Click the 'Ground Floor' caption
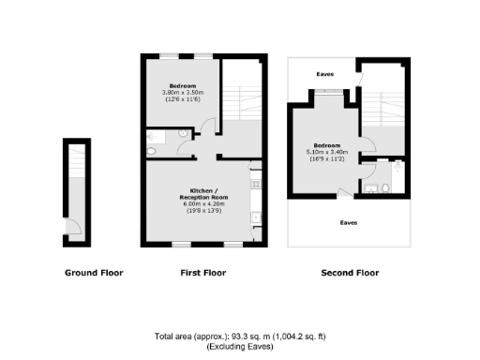click(94, 274)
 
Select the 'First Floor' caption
click(202, 274)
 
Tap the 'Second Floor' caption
click(350, 274)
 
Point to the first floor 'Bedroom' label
click(182, 86)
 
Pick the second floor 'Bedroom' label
click(326, 145)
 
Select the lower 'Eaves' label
click(348, 222)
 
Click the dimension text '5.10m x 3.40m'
click(326, 152)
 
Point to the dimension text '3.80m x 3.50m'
click(182, 93)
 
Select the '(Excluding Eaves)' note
click(241, 346)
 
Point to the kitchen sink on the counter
click(254, 217)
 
